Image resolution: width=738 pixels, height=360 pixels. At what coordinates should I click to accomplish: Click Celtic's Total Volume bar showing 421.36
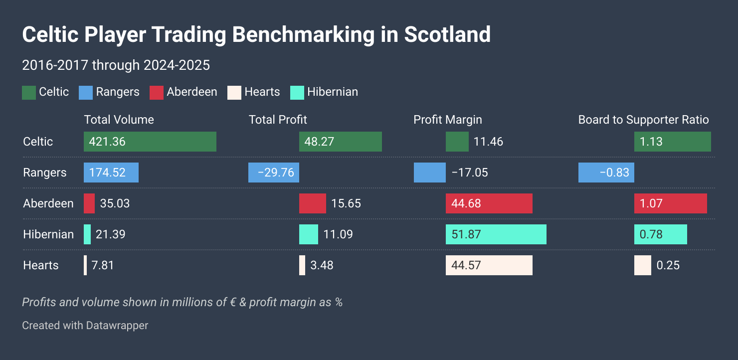click(150, 142)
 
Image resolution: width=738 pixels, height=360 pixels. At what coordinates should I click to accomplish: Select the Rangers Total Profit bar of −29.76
click(274, 173)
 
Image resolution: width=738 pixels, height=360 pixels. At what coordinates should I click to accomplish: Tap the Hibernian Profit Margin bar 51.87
click(496, 234)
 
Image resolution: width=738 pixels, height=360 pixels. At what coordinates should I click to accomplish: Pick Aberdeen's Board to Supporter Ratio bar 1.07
click(670, 203)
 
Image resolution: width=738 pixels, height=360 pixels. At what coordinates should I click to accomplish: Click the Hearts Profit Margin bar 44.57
click(489, 265)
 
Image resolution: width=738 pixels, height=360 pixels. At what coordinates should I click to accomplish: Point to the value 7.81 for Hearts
click(103, 265)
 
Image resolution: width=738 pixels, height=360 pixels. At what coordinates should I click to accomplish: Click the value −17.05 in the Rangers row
click(469, 173)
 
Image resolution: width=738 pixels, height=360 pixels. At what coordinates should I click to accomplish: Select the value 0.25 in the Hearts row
click(668, 265)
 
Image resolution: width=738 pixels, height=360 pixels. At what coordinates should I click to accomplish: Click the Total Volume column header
click(119, 120)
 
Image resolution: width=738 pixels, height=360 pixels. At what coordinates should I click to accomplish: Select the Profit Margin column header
click(447, 120)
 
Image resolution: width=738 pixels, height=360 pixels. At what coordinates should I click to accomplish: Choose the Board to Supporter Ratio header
click(643, 120)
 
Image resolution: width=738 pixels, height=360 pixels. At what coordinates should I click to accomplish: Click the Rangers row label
click(44, 173)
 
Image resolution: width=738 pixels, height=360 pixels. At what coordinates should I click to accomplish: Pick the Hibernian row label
click(48, 234)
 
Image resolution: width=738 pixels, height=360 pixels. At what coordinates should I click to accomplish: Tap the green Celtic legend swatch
click(29, 92)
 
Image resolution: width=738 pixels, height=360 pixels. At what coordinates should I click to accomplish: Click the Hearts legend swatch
click(234, 92)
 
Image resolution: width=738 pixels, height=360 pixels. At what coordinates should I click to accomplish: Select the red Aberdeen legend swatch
click(157, 92)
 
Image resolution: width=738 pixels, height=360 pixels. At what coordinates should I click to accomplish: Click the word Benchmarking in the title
click(303, 35)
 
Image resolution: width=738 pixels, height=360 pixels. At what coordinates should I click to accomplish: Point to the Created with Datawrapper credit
click(85, 326)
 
